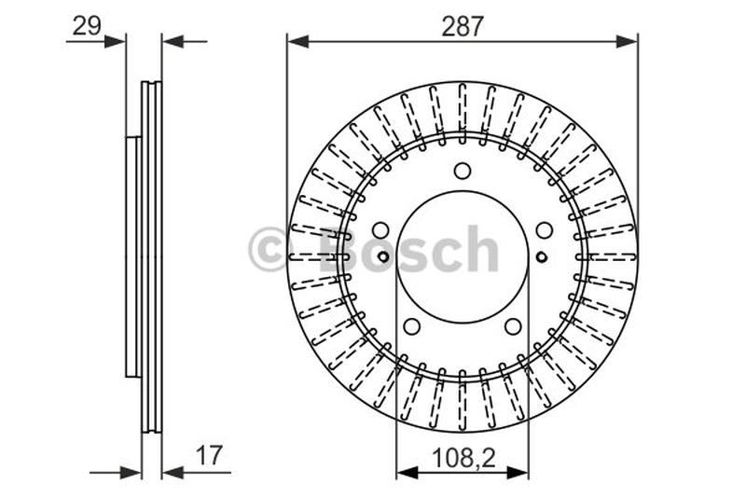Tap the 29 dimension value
87,25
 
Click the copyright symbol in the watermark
270,250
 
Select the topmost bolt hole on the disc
463,171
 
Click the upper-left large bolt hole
380,230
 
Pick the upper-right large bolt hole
545,230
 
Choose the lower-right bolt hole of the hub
513,326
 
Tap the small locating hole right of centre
542,256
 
